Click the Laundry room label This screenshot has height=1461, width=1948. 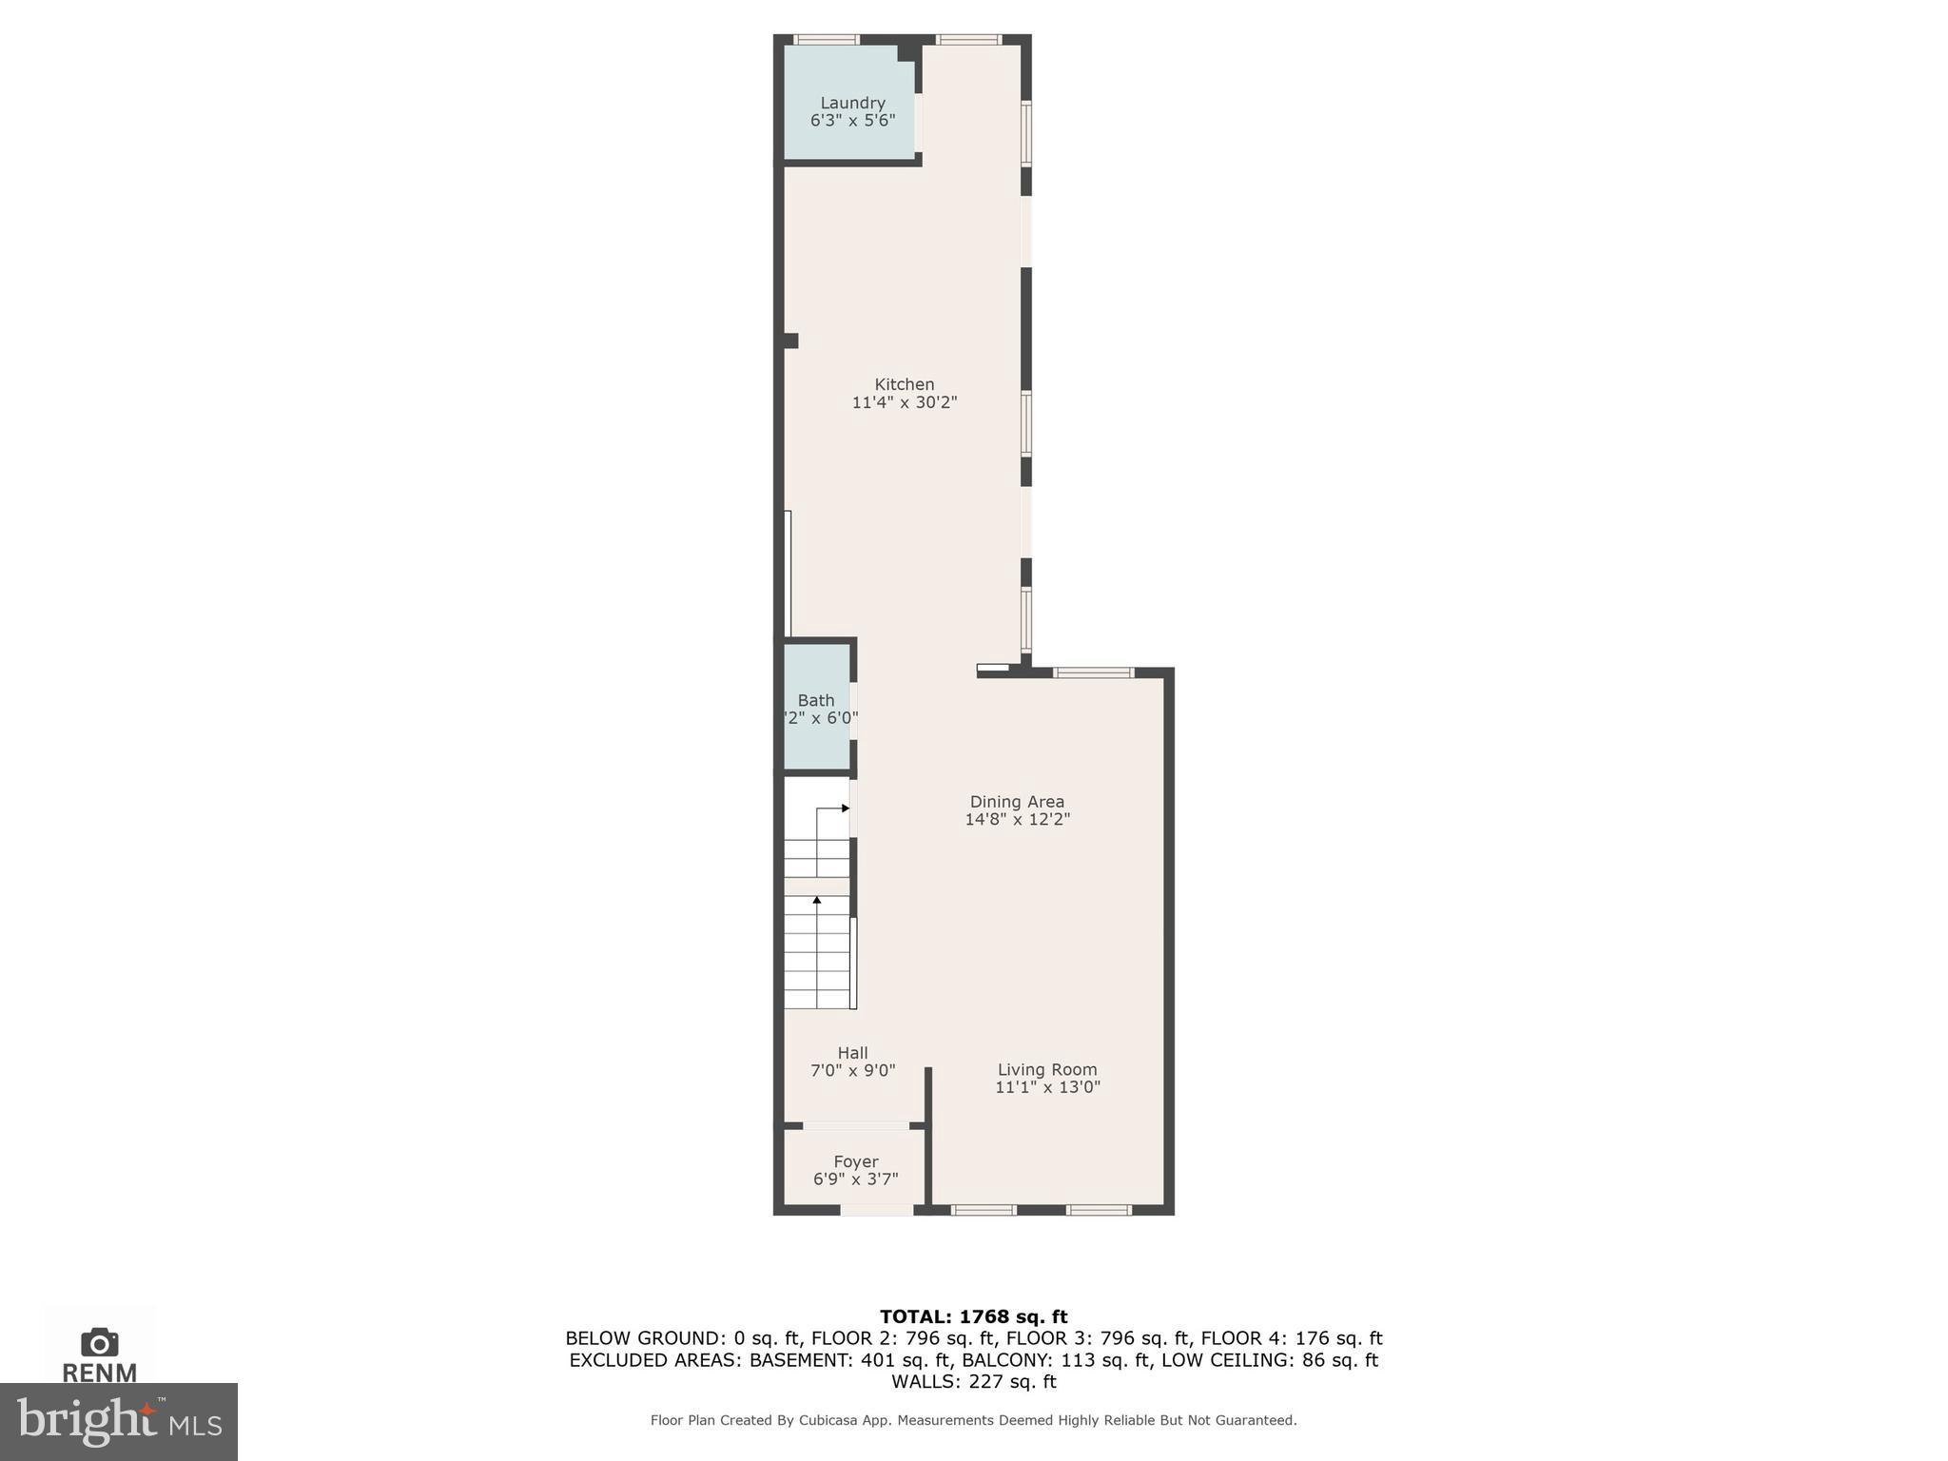pos(852,103)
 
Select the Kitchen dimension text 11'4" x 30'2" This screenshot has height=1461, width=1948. pos(904,402)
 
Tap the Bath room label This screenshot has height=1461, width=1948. pos(816,700)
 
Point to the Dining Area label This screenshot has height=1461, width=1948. pos(1017,802)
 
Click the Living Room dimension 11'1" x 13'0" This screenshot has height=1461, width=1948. pos(1047,1087)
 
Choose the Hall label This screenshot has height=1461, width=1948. pos(852,1053)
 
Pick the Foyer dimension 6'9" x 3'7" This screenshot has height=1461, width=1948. pos(855,1179)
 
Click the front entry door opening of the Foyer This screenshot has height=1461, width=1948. pos(877,1210)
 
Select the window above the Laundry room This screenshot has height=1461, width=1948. pos(827,40)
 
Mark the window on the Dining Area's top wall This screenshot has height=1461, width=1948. pos(1093,672)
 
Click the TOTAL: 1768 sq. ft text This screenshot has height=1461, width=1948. pos(973,1316)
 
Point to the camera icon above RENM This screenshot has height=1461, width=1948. pos(99,1342)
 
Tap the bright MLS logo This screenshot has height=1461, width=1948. pos(118,1421)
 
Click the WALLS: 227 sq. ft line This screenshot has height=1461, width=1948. pos(973,1381)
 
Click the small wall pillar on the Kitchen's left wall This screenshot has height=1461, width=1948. pos(789,341)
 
